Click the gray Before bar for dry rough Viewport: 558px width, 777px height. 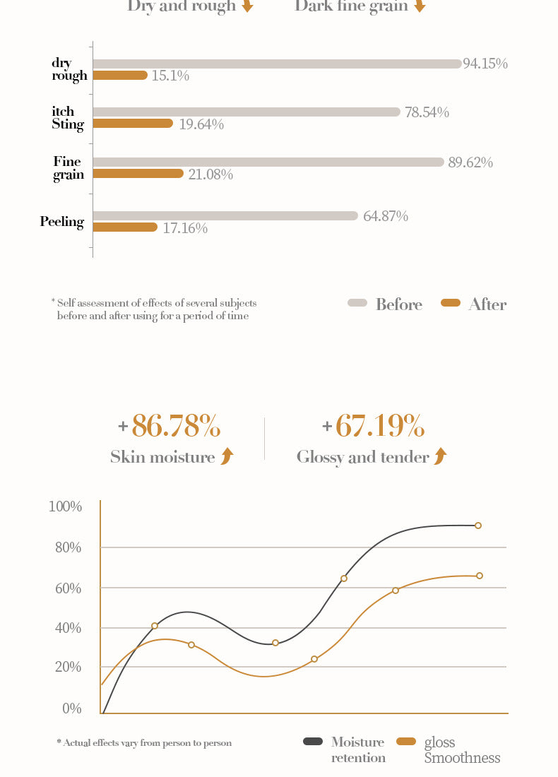[277, 64]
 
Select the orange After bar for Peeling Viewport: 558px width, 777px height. [125, 227]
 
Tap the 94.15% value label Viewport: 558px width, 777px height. [485, 64]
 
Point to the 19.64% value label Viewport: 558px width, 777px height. [201, 124]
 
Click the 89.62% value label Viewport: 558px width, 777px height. [470, 162]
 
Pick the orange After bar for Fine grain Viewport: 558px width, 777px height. [138, 173]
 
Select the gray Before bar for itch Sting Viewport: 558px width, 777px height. [247, 112]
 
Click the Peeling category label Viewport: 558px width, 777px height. [62, 222]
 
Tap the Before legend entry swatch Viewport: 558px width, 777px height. [357, 303]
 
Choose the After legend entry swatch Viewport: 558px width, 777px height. [450, 303]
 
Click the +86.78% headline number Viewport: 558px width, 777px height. [170, 426]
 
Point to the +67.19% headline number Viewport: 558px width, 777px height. [373, 426]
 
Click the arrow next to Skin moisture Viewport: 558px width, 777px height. [227, 456]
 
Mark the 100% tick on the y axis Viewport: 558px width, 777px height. [65, 506]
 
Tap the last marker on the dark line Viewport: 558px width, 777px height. [478, 526]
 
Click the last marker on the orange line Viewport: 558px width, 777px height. [480, 576]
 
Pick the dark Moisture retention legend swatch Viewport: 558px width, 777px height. [313, 741]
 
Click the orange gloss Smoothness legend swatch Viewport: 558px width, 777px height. [406, 741]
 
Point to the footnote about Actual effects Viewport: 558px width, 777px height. [144, 743]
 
